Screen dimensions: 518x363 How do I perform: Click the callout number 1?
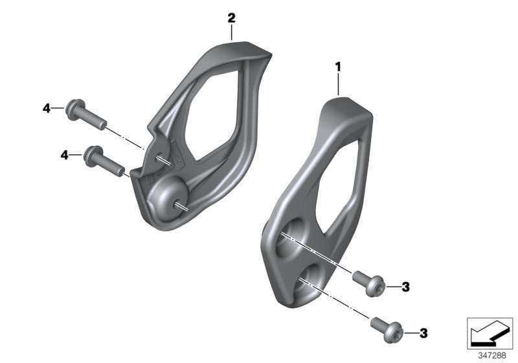click(338, 67)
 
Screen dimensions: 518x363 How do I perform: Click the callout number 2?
click(232, 18)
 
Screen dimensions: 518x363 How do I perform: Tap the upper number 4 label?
click(47, 108)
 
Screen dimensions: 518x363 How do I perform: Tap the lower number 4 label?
click(64, 155)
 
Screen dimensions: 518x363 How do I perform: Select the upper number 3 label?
click(406, 287)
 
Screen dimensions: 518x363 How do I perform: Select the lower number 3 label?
click(423, 333)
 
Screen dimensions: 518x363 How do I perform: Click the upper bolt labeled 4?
click(86, 115)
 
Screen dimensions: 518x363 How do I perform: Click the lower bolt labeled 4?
click(104, 161)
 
